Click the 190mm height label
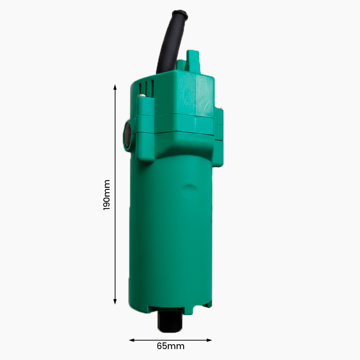coord(107,195)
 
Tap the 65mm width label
coord(171,346)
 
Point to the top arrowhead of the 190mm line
coord(115,87)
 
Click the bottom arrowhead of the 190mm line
coord(115,302)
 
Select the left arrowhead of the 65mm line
coord(131,340)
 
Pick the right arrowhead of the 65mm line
coord(209,340)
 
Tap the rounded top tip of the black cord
coord(180,14)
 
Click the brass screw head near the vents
coord(142,95)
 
